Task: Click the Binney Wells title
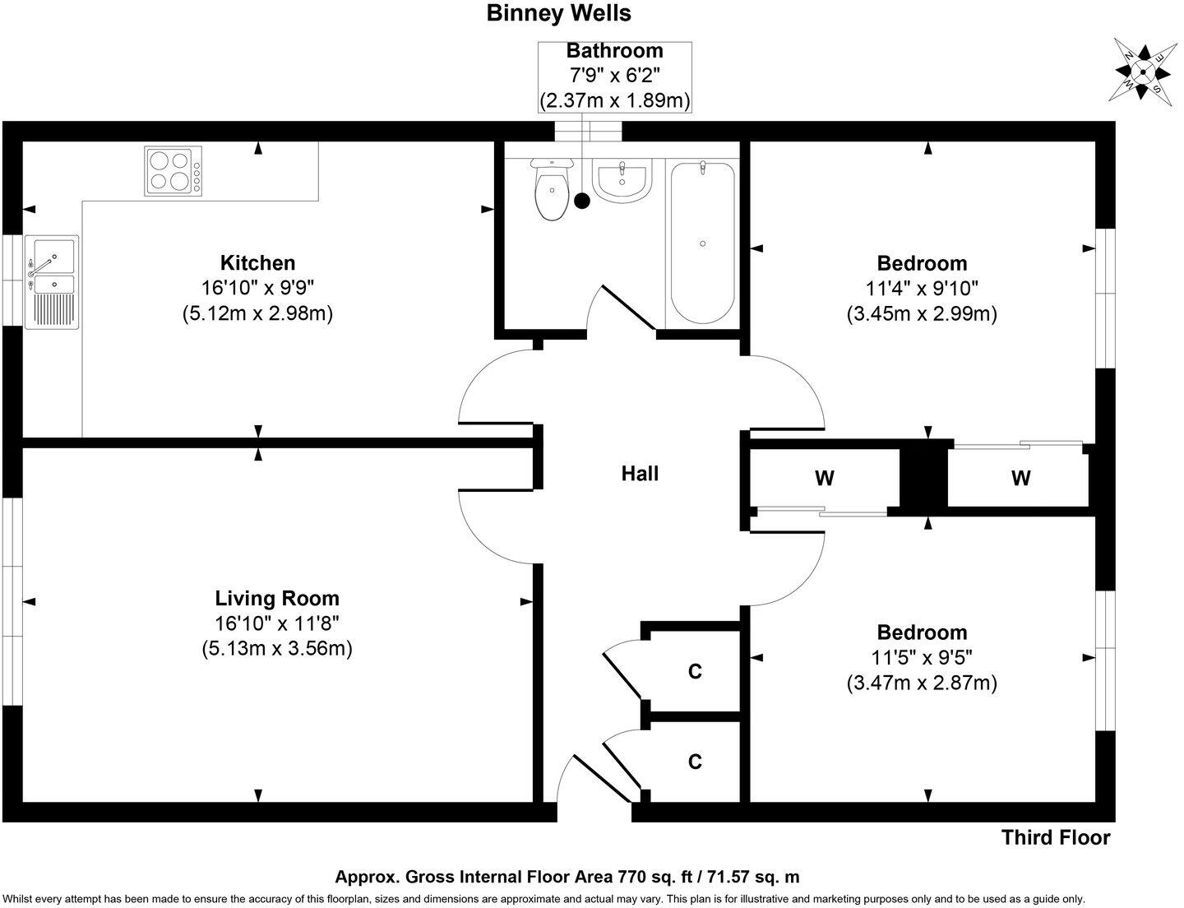click(559, 13)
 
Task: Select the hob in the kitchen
click(173, 171)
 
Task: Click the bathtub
click(702, 243)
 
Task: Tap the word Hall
click(640, 474)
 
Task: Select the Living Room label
click(277, 598)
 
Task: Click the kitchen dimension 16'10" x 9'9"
click(257, 288)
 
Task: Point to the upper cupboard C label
click(695, 672)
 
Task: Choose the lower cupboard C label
click(695, 762)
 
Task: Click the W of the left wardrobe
click(824, 478)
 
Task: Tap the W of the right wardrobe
click(1020, 478)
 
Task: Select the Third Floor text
click(1056, 838)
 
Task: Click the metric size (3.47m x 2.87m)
click(922, 683)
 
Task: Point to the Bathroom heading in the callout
click(614, 51)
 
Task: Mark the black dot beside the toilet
click(582, 200)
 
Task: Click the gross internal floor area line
click(567, 878)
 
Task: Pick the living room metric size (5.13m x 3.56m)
click(277, 648)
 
